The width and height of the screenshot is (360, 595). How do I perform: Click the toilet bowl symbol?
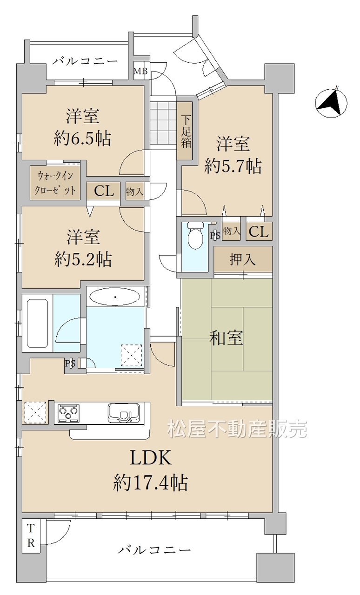point(195,236)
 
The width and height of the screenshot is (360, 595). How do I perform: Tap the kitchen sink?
point(124,413)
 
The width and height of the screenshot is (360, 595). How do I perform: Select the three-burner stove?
point(69,413)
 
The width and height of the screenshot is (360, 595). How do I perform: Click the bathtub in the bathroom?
point(38,323)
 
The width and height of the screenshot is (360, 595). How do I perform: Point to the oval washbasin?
point(115,297)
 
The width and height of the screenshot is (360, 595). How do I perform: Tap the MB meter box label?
point(140,71)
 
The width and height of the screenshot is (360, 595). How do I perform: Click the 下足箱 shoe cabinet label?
point(186,131)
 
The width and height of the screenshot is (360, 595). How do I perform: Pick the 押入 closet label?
point(243,259)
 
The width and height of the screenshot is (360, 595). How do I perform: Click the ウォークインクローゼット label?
point(55,183)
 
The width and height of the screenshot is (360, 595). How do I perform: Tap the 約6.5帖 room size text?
point(82,139)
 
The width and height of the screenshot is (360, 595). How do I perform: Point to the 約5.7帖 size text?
point(233,166)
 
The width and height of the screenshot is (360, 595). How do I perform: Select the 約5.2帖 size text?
point(83,259)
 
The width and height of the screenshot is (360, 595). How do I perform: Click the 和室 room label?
point(226,338)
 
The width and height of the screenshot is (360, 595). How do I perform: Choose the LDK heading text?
point(151,457)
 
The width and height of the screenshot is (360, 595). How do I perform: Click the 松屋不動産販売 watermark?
point(237,429)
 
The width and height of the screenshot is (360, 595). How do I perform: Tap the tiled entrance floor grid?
point(164,123)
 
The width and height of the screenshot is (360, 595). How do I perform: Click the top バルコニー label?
point(85,61)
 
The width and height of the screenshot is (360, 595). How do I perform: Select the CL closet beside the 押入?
point(259,231)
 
